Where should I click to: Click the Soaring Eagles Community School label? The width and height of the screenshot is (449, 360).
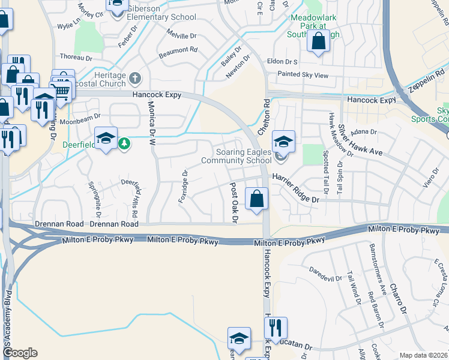coord(236,156)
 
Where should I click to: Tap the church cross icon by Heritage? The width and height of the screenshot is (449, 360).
coord(136,77)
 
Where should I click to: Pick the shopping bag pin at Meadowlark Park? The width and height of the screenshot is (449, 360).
coord(318,41)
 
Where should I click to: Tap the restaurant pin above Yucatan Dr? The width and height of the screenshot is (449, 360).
coord(276,328)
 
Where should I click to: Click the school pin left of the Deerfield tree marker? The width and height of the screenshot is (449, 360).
coord(106,140)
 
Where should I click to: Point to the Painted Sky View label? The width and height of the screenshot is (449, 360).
coord(303,76)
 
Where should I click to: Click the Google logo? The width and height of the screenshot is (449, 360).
coord(20,353)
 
